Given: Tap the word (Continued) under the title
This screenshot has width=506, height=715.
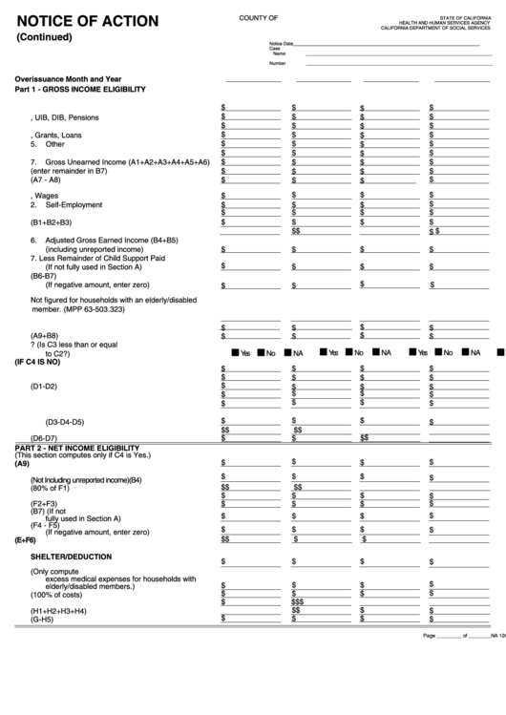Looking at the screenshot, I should tap(44, 37).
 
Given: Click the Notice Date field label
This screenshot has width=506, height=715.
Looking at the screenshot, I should tap(282, 44).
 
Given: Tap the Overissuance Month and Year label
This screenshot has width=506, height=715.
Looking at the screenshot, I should tap(68, 77).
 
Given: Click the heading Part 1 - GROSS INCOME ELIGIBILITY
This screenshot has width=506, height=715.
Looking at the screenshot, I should tap(80, 89).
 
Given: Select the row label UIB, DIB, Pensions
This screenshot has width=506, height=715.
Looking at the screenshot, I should tap(66, 117).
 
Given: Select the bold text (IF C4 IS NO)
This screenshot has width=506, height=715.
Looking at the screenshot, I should tap(37, 362).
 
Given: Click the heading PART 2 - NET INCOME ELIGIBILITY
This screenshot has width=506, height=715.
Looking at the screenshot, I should tap(77, 448).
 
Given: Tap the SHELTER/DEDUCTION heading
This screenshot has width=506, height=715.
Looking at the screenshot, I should tap(72, 556).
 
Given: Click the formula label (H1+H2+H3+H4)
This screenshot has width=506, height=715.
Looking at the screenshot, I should tap(58, 610).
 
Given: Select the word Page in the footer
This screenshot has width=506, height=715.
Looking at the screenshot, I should tap(429, 635).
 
